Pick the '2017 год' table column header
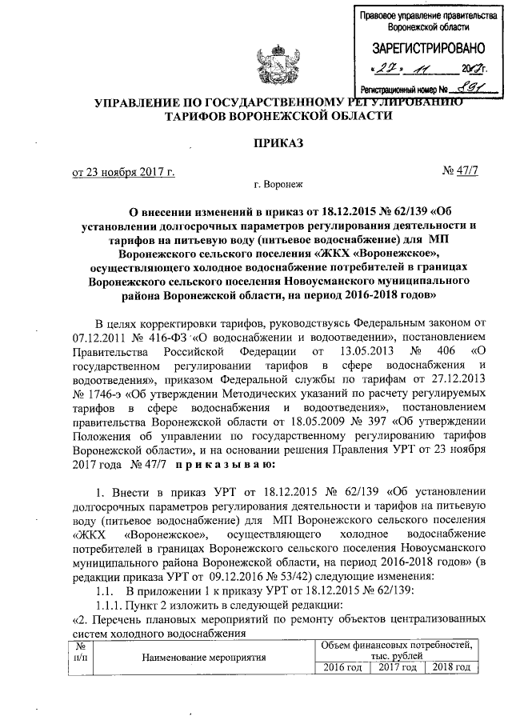click(397, 668)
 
